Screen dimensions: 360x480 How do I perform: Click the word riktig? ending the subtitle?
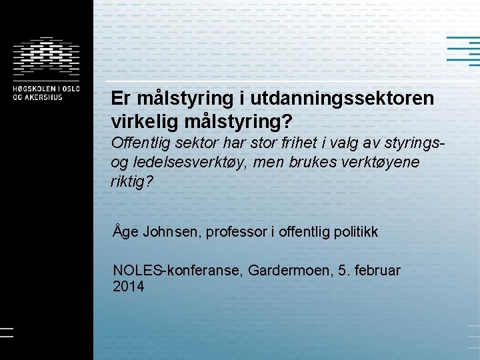click(x=131, y=181)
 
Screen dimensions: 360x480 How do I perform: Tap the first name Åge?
click(x=125, y=232)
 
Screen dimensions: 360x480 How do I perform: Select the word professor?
click(x=236, y=232)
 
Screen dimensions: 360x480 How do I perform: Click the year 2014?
click(x=129, y=287)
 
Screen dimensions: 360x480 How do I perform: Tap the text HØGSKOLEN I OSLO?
click(x=45, y=88)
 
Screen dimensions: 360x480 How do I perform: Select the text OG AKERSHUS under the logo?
click(x=37, y=97)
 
